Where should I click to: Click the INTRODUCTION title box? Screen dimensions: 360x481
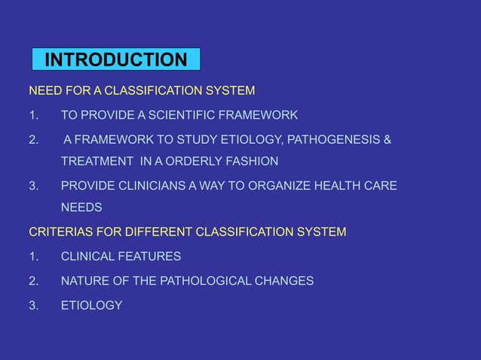116,59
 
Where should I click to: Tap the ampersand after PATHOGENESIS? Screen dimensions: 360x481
388,139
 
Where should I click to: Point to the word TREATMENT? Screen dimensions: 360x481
95,161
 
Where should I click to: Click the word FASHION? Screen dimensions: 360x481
252,161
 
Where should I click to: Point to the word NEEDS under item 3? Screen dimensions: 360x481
81,207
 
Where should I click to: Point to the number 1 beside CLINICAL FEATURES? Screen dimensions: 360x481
32,256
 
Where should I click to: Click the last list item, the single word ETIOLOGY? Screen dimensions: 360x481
91,305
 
